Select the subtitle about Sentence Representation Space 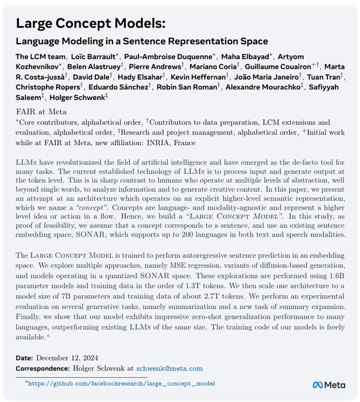pos(142,42)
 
